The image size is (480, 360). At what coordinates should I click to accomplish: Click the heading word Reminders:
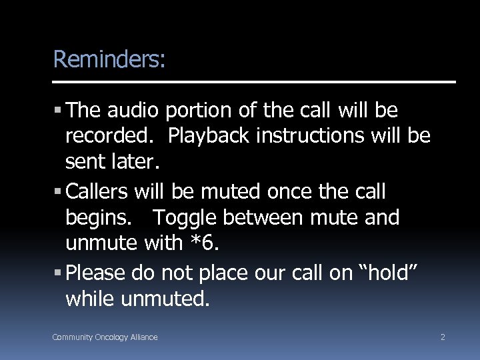click(109, 59)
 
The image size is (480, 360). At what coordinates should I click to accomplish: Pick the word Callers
click(98, 192)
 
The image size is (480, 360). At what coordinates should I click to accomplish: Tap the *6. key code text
click(203, 243)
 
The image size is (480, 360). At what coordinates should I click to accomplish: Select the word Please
click(97, 273)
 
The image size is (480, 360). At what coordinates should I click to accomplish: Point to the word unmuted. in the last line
click(165, 299)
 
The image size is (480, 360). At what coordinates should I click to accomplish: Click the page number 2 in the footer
click(443, 337)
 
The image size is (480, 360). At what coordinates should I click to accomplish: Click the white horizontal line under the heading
click(254, 82)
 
